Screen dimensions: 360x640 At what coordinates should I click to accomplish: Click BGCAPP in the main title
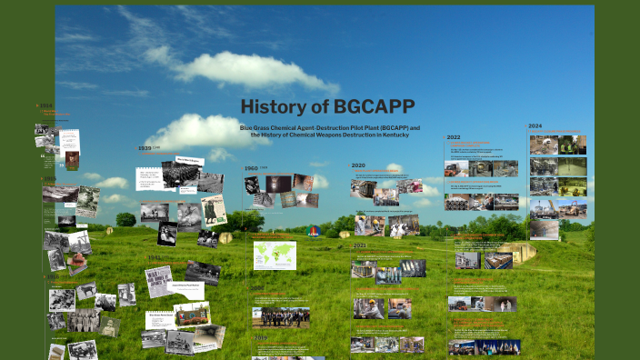click(x=368, y=107)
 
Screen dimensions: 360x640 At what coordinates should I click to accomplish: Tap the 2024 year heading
click(x=535, y=126)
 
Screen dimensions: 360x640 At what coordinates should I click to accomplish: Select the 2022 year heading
click(x=453, y=137)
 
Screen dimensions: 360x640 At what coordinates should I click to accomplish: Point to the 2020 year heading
click(x=358, y=166)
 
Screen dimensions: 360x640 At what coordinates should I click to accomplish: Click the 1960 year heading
click(x=251, y=168)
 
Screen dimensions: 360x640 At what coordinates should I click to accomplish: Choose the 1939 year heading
click(x=145, y=148)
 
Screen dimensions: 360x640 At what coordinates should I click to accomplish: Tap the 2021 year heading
click(x=359, y=245)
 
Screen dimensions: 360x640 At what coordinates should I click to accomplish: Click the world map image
click(x=275, y=255)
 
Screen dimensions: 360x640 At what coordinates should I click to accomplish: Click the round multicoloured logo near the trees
click(x=313, y=231)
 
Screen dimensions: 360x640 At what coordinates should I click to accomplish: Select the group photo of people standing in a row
click(x=281, y=317)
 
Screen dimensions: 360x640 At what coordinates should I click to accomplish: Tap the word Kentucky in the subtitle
click(x=391, y=135)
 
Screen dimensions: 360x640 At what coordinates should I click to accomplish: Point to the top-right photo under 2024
click(x=572, y=145)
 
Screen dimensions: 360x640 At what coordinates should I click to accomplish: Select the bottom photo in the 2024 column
click(x=544, y=229)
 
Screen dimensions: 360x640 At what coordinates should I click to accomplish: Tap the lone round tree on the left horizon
click(x=125, y=219)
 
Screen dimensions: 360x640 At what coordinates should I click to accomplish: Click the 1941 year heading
click(x=153, y=257)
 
